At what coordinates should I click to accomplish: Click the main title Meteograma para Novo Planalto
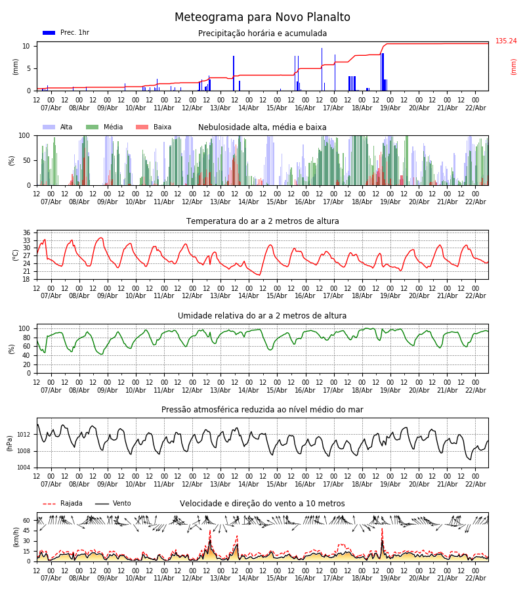tap(262, 18)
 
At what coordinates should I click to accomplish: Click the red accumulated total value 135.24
tap(506, 41)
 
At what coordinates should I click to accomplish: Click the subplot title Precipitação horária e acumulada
tap(262, 33)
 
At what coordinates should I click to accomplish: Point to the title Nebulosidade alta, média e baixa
tap(262, 127)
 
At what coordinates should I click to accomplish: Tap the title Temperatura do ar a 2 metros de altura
tap(262, 221)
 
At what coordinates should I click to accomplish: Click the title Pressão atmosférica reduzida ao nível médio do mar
tap(262, 410)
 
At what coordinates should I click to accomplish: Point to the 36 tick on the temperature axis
tap(26, 233)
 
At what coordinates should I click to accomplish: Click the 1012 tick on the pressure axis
tap(23, 435)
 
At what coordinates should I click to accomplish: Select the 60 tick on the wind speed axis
tap(26, 521)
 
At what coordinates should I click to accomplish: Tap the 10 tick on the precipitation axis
tap(26, 46)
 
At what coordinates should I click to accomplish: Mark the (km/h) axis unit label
tap(16, 537)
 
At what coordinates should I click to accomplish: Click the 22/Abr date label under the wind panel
tap(475, 578)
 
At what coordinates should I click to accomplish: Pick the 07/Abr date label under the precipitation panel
tap(51, 108)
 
